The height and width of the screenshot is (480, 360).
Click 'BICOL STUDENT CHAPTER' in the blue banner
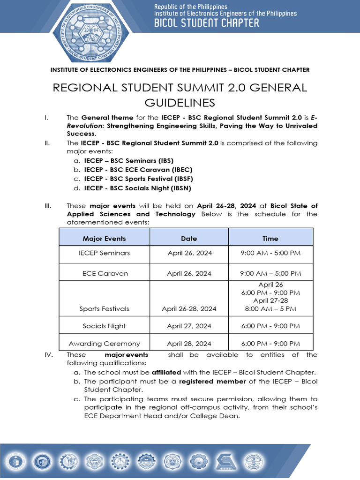tap(207, 22)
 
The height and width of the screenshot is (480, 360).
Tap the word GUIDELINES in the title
tap(180, 103)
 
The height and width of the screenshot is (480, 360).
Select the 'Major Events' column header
tap(104, 239)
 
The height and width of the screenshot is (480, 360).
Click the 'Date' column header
tap(189, 239)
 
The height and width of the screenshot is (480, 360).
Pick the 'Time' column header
tap(270, 239)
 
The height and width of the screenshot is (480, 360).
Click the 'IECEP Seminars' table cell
tap(104, 253)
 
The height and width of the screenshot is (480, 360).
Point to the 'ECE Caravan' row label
tap(105, 273)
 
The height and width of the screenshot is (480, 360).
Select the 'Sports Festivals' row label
tap(104, 309)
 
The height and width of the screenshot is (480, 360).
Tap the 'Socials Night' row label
tap(104, 326)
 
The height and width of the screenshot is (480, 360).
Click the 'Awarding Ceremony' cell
tap(104, 344)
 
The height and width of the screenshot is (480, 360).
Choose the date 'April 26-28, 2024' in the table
tap(189, 309)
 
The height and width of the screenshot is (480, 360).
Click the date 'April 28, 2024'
tap(189, 344)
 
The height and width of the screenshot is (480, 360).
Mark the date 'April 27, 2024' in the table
tap(189, 326)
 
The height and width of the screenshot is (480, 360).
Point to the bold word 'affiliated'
tap(166, 372)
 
